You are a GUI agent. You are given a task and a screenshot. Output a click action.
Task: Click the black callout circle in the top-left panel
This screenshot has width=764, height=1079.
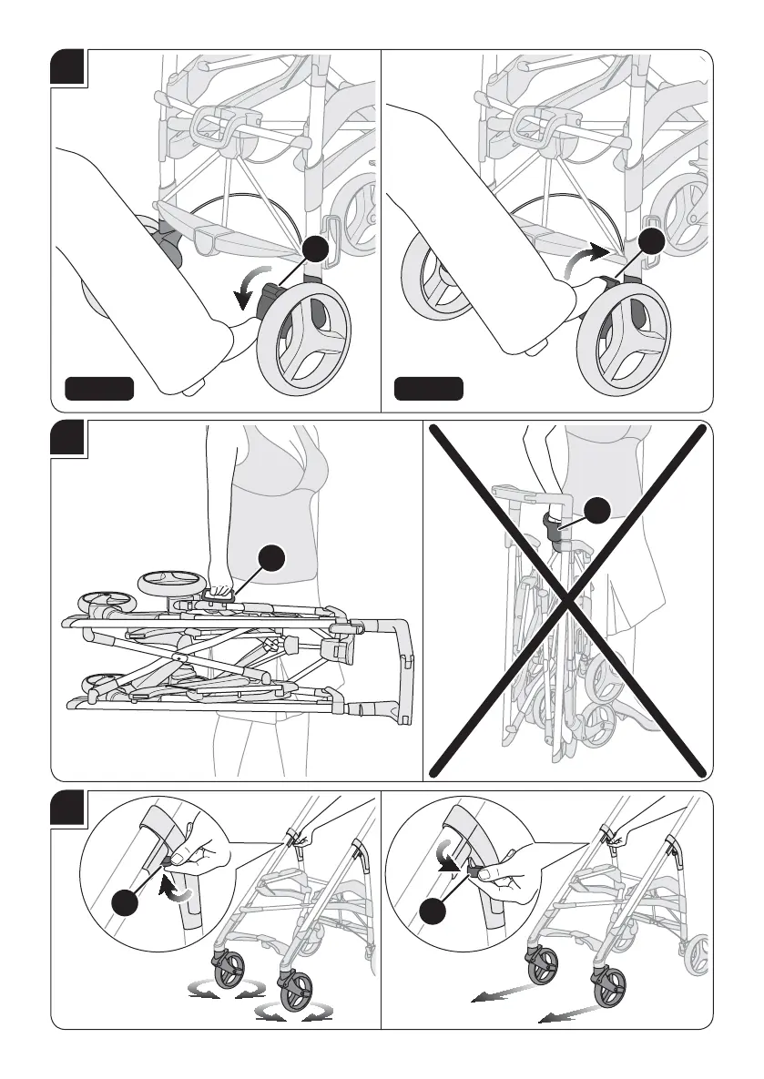point(317,249)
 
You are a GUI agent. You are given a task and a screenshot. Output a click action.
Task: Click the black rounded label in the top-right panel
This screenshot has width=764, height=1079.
point(428,390)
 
